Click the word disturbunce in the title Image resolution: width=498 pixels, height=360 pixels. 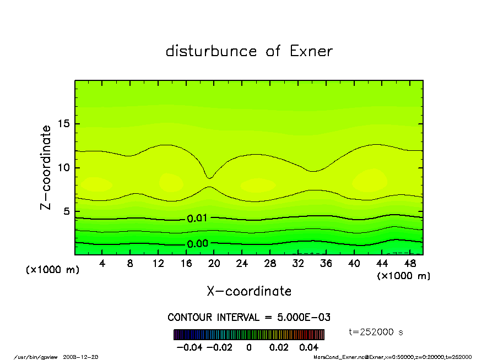pos(212,51)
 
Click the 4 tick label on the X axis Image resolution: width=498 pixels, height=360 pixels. pos(102,264)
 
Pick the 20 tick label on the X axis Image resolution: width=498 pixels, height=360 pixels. pos(214,264)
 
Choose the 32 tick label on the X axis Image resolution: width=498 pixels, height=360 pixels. pos(298,264)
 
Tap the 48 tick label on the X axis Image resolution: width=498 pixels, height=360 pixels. pos(410,264)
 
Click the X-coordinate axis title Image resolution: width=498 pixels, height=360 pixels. pos(249,291)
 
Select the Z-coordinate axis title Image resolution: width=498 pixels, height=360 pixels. pos(46,167)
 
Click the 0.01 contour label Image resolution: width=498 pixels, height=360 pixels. pos(197,219)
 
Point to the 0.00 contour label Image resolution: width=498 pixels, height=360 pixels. pos(197,244)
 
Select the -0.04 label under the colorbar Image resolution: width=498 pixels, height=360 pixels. pos(187,347)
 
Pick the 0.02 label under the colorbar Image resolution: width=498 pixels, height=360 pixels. pos(279,347)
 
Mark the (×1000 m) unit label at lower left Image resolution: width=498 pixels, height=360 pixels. pos(53,270)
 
